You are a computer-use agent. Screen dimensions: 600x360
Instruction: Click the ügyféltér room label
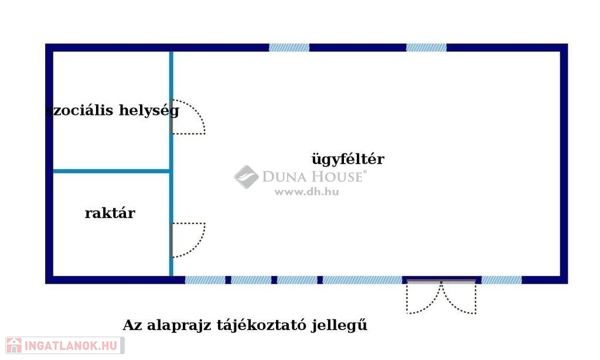pos(348,159)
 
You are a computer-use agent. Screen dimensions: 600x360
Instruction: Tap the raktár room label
pos(110,213)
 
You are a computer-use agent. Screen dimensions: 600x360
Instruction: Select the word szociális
pos(80,110)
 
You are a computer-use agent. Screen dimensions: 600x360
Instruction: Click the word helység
pos(149,111)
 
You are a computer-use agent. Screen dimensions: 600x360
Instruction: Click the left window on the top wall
pos(289,47)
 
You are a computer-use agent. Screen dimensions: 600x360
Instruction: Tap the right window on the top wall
pos(427,47)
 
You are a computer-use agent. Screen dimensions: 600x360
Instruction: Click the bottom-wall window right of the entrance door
pos(502,280)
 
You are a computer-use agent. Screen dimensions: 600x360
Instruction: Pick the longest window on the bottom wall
pos(362,280)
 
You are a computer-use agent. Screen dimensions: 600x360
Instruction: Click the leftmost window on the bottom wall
pos(205,280)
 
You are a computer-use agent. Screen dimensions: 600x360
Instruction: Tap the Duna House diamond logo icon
pos(247,177)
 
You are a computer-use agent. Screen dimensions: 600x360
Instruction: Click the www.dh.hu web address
pos(306,192)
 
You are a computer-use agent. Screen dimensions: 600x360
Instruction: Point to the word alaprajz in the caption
pos(179,325)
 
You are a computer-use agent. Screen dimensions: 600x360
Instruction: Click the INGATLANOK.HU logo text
pos(71,346)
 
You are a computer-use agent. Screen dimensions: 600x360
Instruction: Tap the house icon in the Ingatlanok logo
pos(14,345)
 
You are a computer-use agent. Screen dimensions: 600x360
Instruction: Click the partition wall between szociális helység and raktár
pos(111,171)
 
